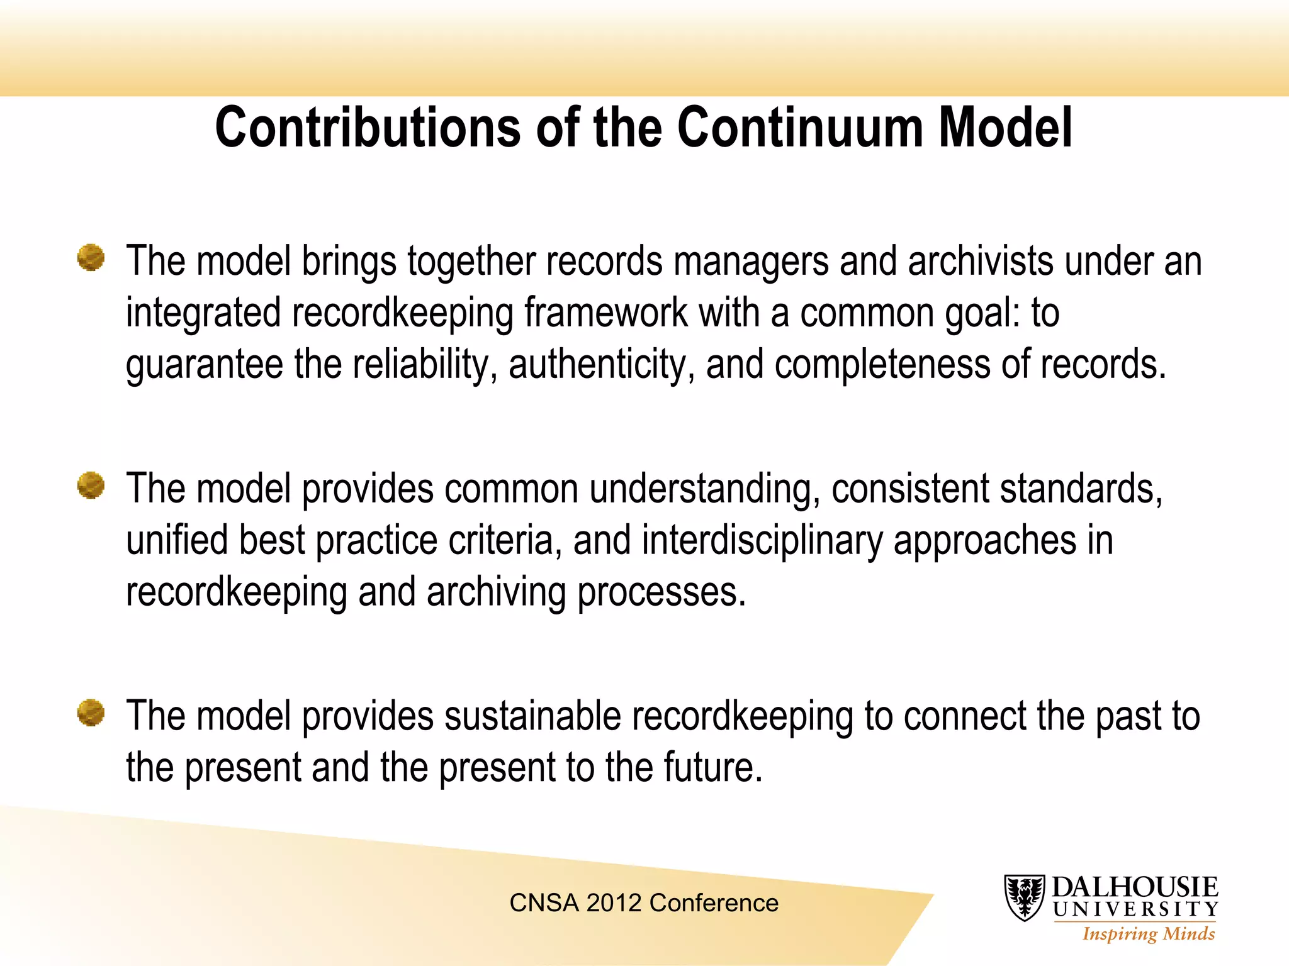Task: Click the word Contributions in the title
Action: (x=368, y=128)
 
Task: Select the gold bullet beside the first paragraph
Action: (x=91, y=258)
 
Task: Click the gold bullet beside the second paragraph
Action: (x=91, y=486)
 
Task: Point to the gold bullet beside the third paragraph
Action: (x=91, y=713)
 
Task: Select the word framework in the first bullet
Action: (x=606, y=313)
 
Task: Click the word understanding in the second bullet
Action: (x=705, y=489)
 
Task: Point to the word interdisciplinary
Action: (x=762, y=540)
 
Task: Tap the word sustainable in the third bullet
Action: (x=532, y=716)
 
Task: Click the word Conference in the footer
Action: (x=714, y=903)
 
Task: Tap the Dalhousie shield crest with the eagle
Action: (x=1024, y=897)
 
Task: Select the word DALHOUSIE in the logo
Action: (x=1135, y=887)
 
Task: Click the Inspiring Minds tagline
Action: (x=1149, y=934)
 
